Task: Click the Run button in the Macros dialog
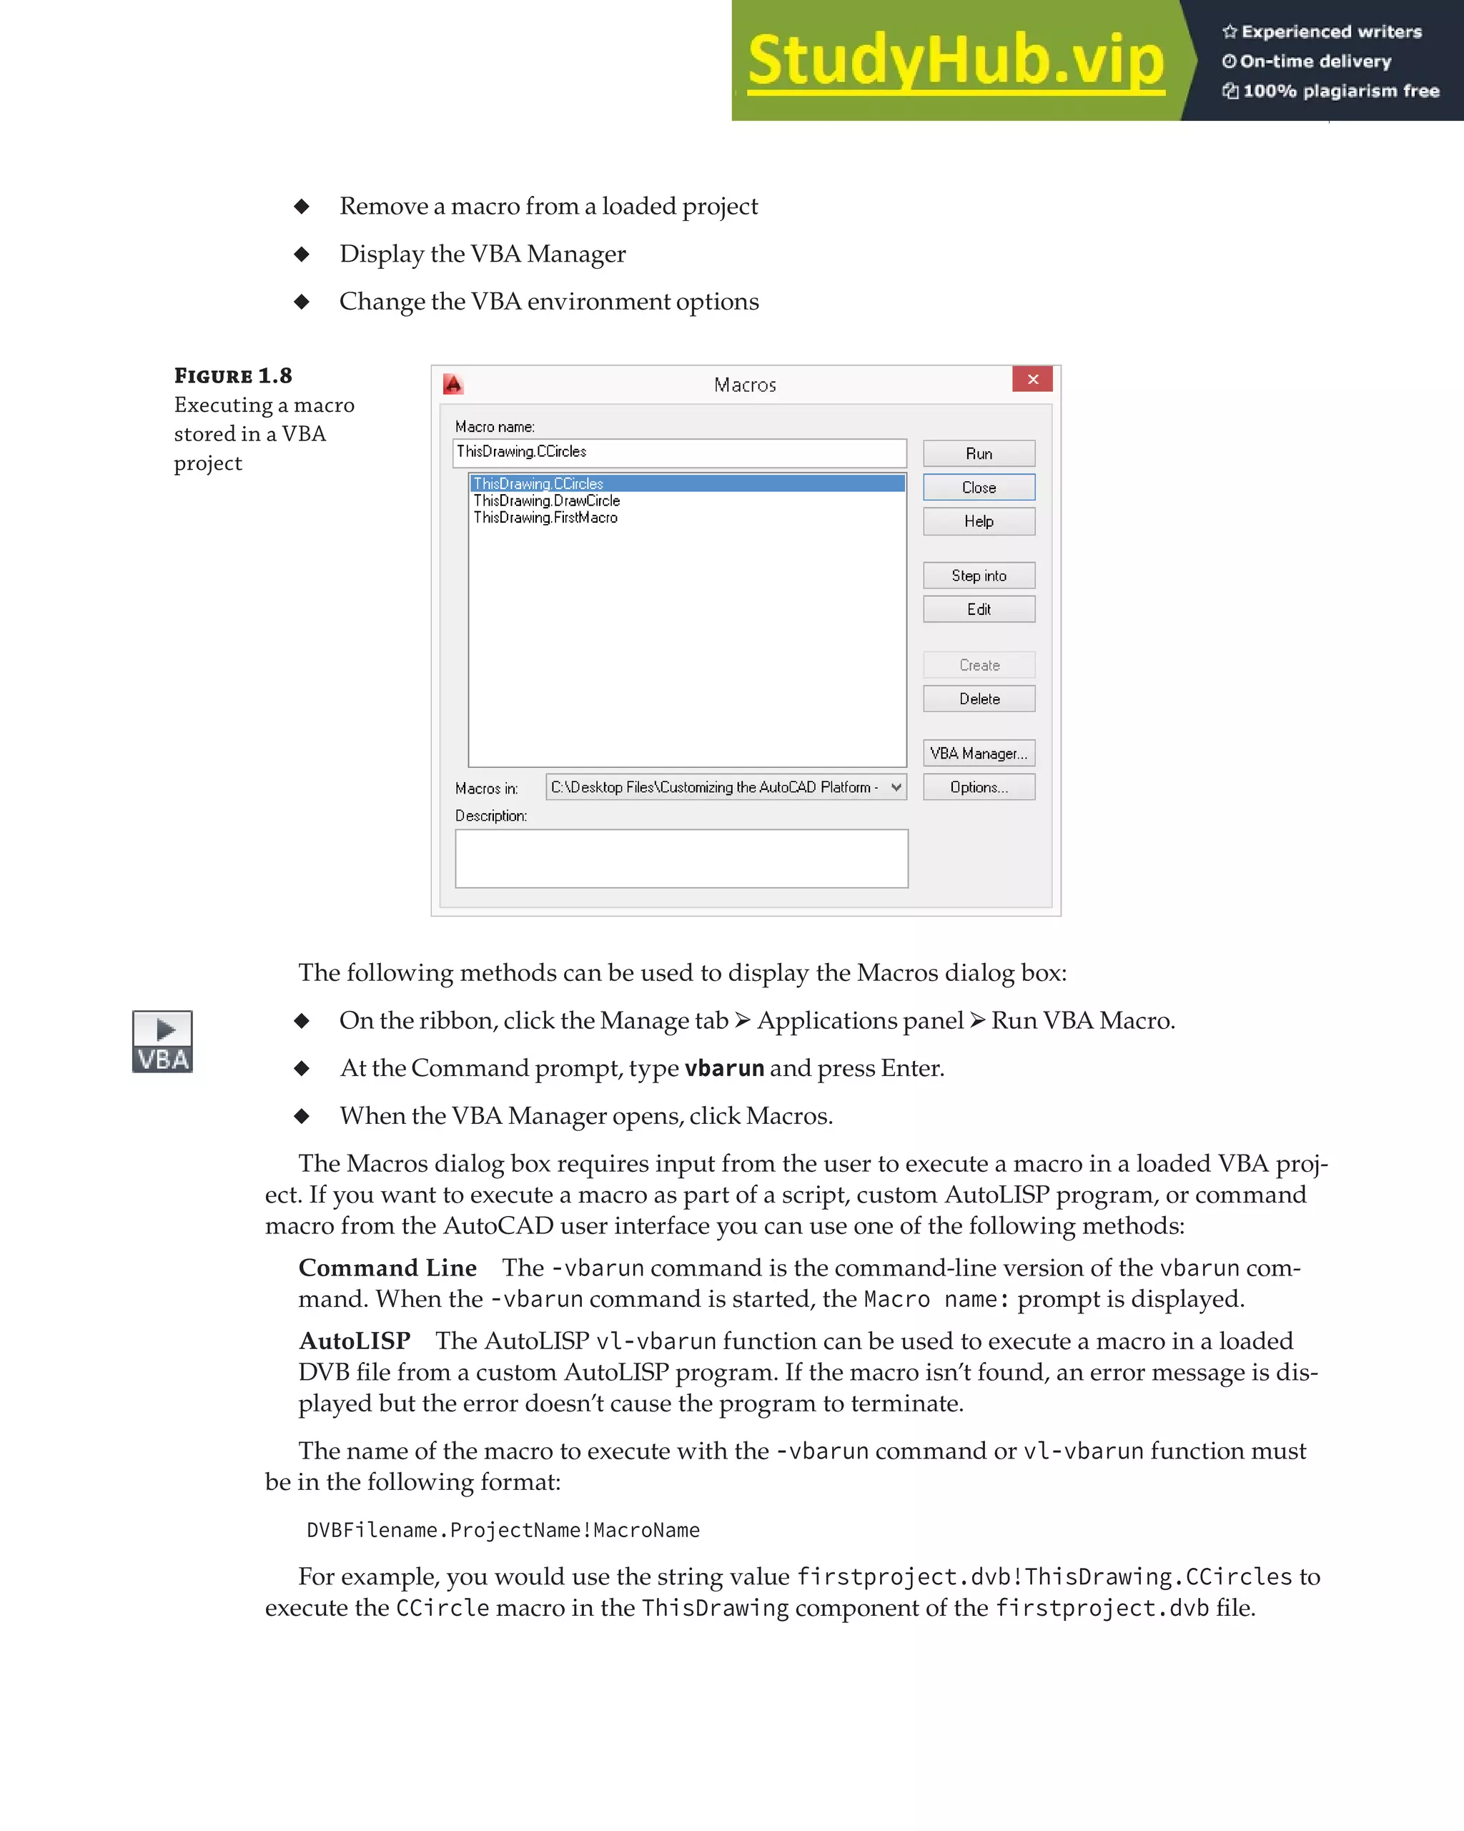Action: click(x=979, y=453)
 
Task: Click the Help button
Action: click(x=979, y=521)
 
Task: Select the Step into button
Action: click(x=979, y=576)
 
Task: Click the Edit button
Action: click(x=979, y=610)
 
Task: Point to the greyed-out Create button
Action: click(x=979, y=665)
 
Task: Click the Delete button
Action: click(x=979, y=699)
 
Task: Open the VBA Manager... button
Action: click(x=979, y=754)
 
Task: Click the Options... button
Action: click(x=979, y=787)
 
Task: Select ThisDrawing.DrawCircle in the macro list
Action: click(x=547, y=501)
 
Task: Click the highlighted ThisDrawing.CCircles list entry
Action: click(x=538, y=483)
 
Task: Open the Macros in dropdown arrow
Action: click(x=896, y=787)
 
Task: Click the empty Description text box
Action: click(x=681, y=859)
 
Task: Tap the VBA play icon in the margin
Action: click(x=162, y=1042)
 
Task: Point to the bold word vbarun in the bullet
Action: click(x=723, y=1068)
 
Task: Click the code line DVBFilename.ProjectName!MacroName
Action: click(x=503, y=1531)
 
